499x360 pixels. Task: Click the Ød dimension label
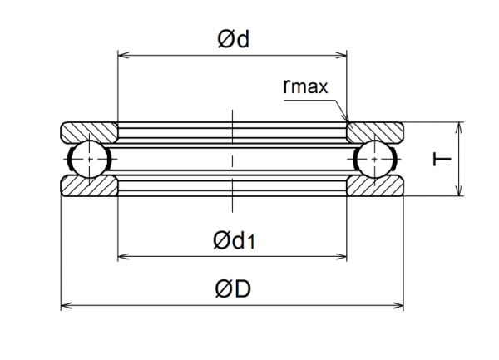pyautogui.click(x=233, y=40)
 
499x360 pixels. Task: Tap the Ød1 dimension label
pyautogui.click(x=234, y=241)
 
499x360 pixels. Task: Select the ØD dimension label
pyautogui.click(x=233, y=289)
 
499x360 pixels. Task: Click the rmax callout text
pyautogui.click(x=305, y=86)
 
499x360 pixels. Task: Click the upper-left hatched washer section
pyautogui.click(x=88, y=132)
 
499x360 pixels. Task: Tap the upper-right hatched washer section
pyautogui.click(x=376, y=132)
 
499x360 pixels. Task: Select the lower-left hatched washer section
pyautogui.click(x=88, y=186)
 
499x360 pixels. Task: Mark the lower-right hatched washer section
pyautogui.click(x=376, y=186)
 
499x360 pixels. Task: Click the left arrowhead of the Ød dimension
pyautogui.click(x=122, y=56)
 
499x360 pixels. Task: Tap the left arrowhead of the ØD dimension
pyautogui.click(x=66, y=304)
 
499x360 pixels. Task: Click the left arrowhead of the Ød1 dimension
pyautogui.click(x=122, y=256)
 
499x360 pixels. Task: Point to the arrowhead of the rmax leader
pyautogui.click(x=348, y=121)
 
